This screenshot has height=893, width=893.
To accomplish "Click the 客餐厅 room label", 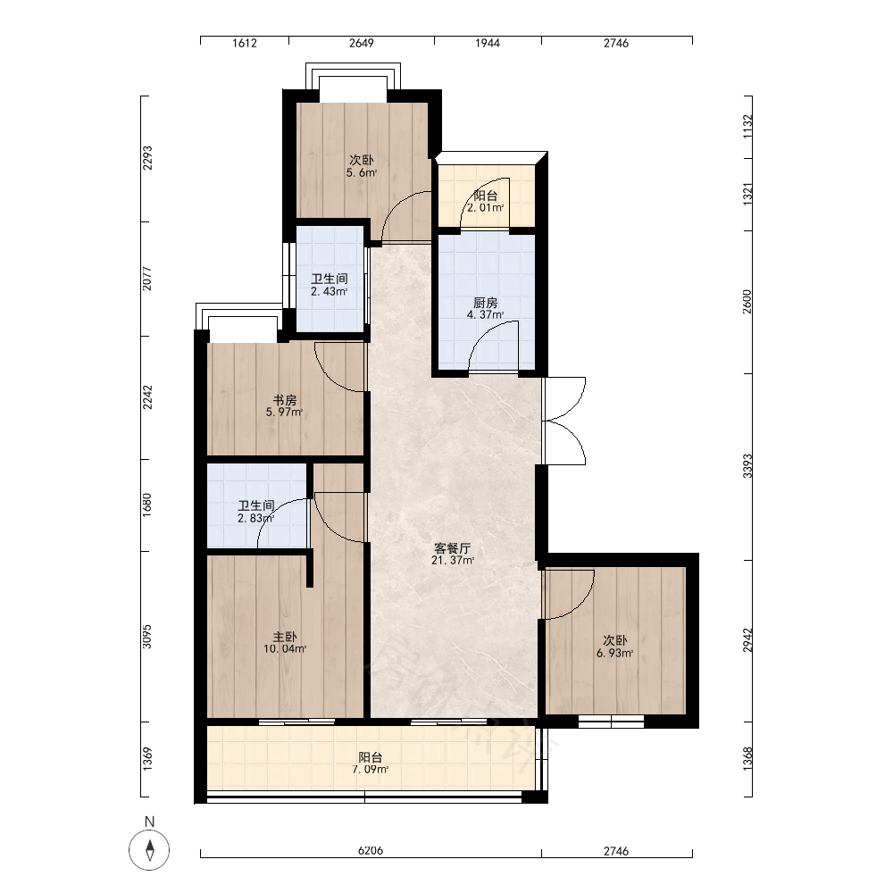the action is click(452, 548).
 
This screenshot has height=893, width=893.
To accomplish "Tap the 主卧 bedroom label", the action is click(285, 637).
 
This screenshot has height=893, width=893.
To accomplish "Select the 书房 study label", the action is click(285, 400).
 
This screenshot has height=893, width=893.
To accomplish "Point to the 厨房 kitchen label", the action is click(485, 303).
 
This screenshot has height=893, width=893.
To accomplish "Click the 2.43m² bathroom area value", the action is click(330, 292).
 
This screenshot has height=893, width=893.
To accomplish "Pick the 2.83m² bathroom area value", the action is click(255, 518).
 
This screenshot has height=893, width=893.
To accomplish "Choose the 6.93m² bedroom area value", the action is click(615, 654).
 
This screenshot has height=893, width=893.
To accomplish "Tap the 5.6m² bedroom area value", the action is click(362, 172).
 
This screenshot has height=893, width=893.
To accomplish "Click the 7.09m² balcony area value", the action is click(371, 770).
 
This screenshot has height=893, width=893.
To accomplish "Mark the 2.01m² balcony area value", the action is click(485, 208).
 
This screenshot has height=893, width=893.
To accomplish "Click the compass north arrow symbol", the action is click(149, 850).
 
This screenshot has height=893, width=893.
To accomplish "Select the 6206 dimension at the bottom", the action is click(371, 851).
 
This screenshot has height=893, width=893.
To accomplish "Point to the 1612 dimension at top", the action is click(245, 43).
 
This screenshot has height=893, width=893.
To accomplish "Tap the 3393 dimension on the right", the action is click(747, 466).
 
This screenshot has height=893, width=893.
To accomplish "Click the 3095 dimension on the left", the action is click(147, 636).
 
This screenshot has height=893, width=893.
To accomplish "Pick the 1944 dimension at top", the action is click(488, 43).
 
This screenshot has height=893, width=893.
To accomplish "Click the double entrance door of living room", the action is click(563, 421).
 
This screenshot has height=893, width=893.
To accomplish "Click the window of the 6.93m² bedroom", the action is click(611, 722).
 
